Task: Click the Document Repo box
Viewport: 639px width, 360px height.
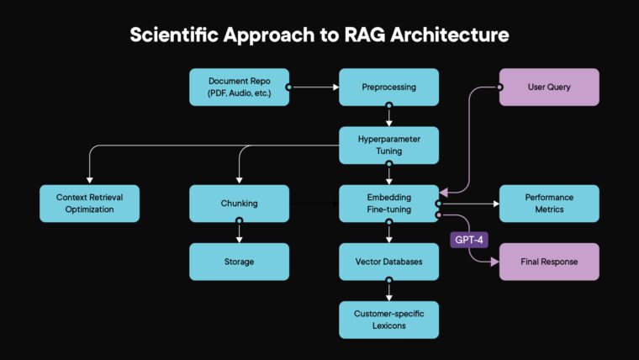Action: (240, 87)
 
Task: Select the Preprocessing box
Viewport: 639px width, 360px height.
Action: (388, 87)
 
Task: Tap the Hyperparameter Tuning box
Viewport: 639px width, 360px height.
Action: (388, 145)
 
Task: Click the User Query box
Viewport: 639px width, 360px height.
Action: (549, 87)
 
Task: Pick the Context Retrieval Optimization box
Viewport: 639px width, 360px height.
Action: (89, 203)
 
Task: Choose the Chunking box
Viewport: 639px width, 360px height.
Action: (240, 203)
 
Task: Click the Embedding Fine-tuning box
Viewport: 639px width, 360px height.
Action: (388, 203)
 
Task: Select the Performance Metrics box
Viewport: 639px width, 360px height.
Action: (549, 203)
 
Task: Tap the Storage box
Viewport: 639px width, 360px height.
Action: (240, 262)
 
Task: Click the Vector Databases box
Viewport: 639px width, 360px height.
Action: (388, 262)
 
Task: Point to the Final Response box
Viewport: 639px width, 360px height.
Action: (549, 262)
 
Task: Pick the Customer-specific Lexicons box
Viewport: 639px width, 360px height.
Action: (388, 320)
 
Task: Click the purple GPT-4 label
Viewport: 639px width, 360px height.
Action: (468, 240)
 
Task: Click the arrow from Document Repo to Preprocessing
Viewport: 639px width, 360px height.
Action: (314, 87)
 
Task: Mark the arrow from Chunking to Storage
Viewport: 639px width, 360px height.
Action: (240, 232)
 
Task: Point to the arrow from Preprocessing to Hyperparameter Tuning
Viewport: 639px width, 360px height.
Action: (388, 116)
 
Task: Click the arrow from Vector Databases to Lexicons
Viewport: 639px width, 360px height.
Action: (388, 291)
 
